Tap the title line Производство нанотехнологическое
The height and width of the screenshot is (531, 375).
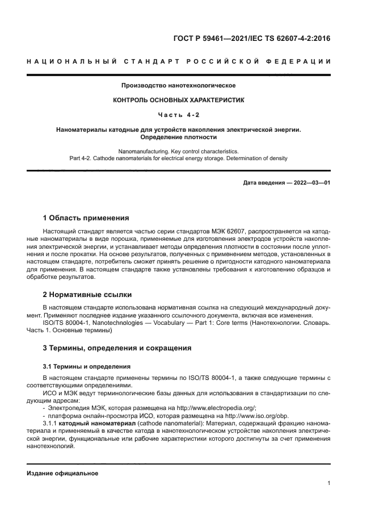(x=178, y=86)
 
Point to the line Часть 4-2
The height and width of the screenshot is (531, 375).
(x=178, y=115)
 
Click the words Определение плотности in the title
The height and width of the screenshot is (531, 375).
(x=178, y=137)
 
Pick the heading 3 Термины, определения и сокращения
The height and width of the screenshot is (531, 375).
(x=117, y=348)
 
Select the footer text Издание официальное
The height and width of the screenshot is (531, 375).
(x=62, y=473)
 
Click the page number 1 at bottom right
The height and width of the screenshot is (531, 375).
(x=328, y=483)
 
